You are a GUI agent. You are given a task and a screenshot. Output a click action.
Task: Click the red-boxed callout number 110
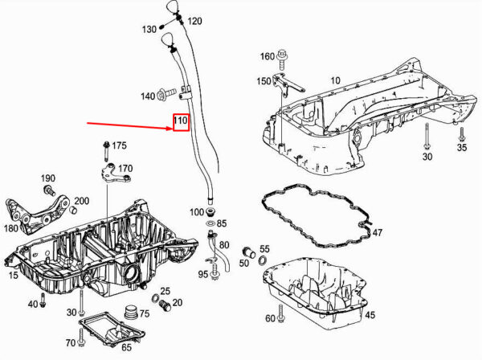coord(181,120)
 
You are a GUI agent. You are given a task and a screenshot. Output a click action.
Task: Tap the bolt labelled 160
coord(282,60)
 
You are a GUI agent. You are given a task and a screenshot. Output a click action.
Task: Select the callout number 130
coord(149,30)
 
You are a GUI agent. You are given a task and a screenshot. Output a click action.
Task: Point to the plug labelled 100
coord(210,211)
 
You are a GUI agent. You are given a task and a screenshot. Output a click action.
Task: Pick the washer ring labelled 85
coord(210,223)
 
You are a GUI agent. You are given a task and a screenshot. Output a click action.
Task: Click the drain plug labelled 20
coord(165,305)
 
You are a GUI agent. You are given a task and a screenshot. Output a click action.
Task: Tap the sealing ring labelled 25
coord(156,297)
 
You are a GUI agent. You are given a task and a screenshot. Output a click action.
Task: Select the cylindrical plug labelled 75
coord(131,313)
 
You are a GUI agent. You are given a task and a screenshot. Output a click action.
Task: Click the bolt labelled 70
coord(81,337)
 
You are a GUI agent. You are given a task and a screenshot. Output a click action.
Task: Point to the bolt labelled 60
coord(280,313)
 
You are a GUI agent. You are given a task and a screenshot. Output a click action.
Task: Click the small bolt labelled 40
coord(43,300)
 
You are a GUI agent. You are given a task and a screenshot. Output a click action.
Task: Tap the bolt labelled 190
coord(50,190)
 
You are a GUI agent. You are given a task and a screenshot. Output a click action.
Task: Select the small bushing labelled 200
coord(73,211)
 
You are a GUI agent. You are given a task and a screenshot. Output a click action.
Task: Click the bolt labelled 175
coord(106,150)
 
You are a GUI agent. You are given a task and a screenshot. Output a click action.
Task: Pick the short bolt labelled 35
coord(461,134)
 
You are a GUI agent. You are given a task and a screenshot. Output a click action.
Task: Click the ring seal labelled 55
coord(263,260)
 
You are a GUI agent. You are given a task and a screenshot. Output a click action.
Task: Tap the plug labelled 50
coord(249,252)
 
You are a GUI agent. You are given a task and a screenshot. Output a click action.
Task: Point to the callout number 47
coord(378,232)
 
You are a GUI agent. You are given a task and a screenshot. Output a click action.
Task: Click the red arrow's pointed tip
coord(172,129)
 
